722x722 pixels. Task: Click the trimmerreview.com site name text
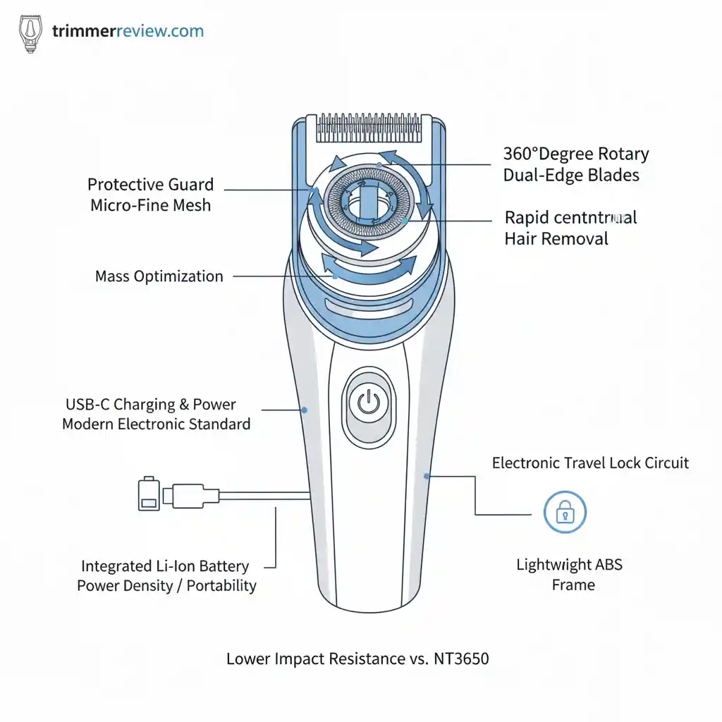click(x=128, y=32)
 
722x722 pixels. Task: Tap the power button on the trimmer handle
click(x=368, y=403)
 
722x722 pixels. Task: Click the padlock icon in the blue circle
click(x=565, y=513)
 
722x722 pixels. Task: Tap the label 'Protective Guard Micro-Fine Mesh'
click(x=150, y=195)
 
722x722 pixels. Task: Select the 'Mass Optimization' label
click(x=159, y=276)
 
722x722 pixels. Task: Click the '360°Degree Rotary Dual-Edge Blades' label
click(x=575, y=164)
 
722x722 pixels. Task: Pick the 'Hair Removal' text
click(x=556, y=239)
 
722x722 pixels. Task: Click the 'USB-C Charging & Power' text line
click(x=151, y=405)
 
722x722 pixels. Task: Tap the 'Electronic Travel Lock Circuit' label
click(x=590, y=463)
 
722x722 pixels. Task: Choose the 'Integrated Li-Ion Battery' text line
click(x=165, y=566)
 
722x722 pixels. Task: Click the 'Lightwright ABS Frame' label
click(x=570, y=575)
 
